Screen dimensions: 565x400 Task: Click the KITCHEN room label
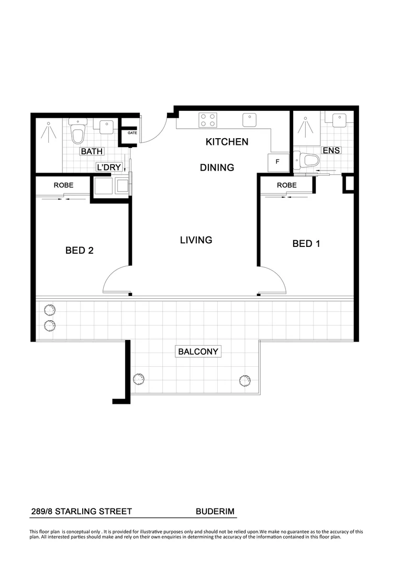[227, 142]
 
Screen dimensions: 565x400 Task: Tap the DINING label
[217, 167]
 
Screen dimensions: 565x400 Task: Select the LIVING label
[196, 240]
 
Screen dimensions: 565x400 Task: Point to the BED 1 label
[306, 243]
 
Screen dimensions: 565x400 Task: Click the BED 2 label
[80, 251]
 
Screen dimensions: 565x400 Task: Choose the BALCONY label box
[198, 352]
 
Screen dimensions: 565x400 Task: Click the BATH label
[92, 152]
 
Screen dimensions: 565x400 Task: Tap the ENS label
[331, 151]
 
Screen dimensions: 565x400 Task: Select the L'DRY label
[109, 167]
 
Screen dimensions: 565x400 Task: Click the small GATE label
[132, 133]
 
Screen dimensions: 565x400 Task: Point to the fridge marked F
[278, 162]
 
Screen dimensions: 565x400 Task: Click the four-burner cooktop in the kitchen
[208, 120]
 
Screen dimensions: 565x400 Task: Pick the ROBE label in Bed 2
[63, 185]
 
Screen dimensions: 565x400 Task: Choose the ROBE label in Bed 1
[286, 185]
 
